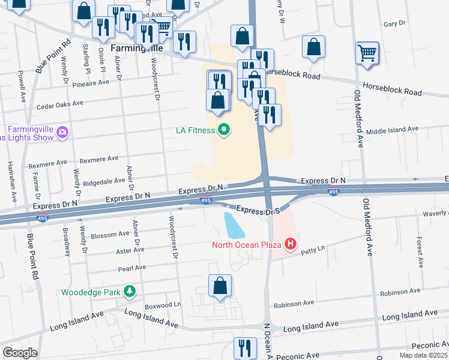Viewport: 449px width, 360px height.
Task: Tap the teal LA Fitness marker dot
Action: point(224,130)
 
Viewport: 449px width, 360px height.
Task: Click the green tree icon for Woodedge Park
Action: point(128,292)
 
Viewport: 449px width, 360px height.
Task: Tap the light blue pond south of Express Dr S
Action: point(233,225)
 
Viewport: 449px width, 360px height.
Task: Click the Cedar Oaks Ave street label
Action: point(59,106)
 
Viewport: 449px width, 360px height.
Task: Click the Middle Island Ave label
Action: point(391,129)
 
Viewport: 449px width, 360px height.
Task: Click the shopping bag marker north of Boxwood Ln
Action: point(220,286)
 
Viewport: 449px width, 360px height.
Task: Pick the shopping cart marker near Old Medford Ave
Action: point(367,52)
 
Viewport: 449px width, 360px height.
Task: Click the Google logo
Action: point(20,353)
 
